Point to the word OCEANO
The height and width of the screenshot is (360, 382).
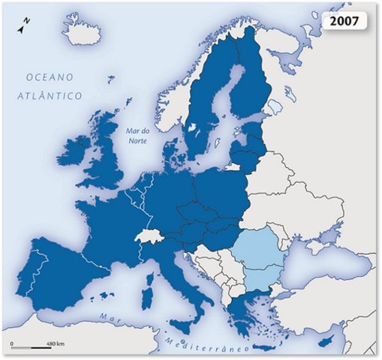point(50,77)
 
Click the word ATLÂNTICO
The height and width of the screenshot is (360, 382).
point(51,95)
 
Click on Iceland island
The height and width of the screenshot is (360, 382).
point(83,30)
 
